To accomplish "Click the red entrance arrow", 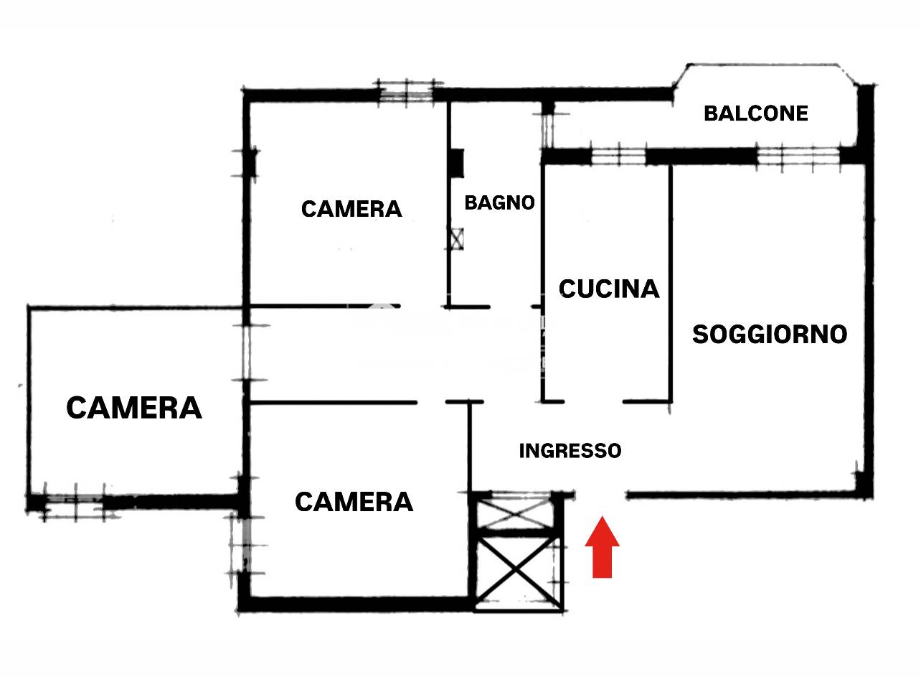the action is [602, 547].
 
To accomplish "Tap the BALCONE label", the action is [756, 113].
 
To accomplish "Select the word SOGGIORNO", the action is [770, 334].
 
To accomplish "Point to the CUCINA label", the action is [609, 289].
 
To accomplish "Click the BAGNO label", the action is [499, 202].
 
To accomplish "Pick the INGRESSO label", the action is [570, 451].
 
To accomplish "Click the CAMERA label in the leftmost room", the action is [134, 408].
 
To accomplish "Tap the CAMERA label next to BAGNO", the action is [351, 209].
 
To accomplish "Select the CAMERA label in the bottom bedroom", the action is [354, 502].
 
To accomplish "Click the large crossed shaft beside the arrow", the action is [518, 571].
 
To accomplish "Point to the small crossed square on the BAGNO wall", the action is [457, 238].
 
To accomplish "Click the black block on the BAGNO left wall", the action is [457, 163].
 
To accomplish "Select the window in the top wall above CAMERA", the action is [406, 93].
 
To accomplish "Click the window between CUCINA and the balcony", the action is [618, 156].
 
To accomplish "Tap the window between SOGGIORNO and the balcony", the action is [798, 157].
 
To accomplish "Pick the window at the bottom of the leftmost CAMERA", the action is [74, 503].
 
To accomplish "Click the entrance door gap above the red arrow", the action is [600, 495].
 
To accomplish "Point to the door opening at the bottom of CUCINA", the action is [593, 401].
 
